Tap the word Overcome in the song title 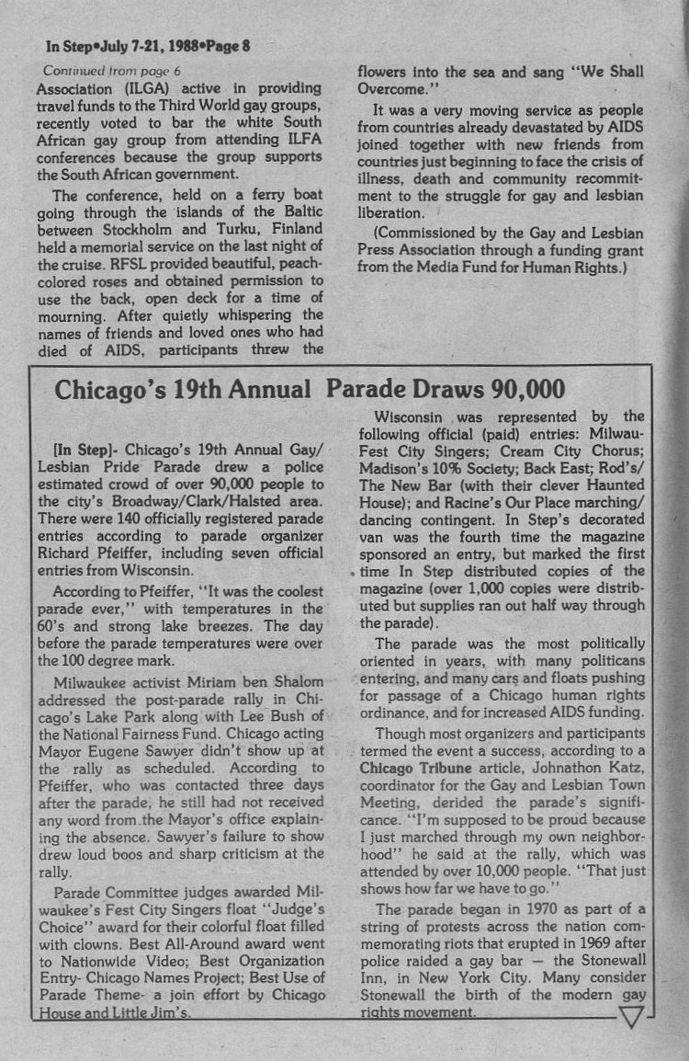coord(391,89)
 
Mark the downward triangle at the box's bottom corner coord(634,1015)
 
